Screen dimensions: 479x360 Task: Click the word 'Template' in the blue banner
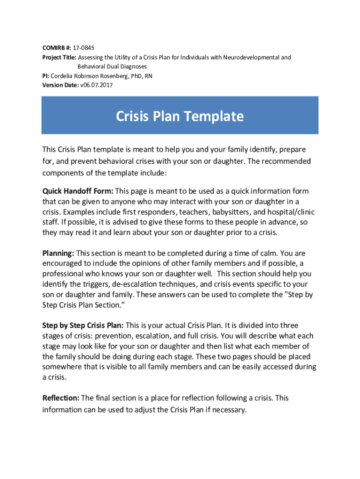pyautogui.click(x=213, y=116)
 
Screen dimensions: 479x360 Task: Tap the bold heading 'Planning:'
pyautogui.click(x=58, y=253)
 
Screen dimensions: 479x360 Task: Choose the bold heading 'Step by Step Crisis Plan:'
pyautogui.click(x=83, y=325)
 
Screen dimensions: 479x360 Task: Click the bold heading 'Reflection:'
pyautogui.click(x=61, y=398)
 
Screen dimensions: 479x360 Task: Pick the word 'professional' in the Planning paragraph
pyautogui.click(x=63, y=274)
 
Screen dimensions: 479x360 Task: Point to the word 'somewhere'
pyautogui.click(x=63, y=367)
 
